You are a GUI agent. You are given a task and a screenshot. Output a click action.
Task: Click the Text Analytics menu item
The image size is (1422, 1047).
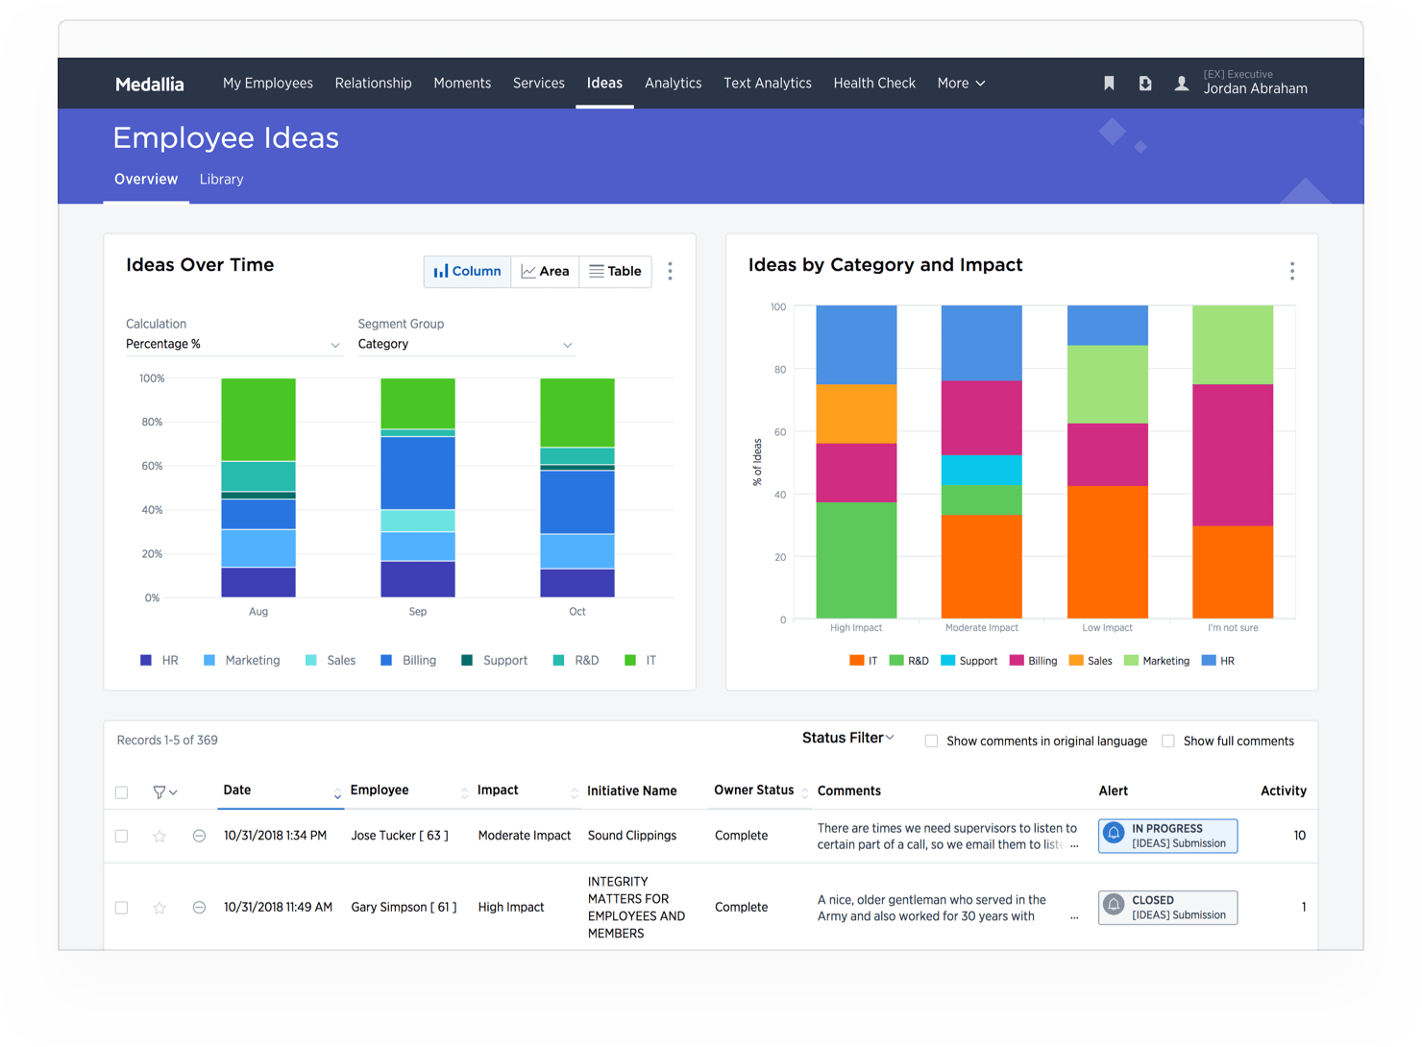coord(767,84)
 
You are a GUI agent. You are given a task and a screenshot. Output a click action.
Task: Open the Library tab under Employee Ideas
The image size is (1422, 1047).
coord(221,180)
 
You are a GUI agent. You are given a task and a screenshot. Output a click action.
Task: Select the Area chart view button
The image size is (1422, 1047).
coord(545,272)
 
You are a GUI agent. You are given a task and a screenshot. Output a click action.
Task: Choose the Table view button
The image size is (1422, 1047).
coord(615,272)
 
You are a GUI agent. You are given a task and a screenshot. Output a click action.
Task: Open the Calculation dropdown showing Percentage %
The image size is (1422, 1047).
coord(233,344)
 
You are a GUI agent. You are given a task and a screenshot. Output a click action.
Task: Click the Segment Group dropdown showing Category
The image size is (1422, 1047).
coord(465,344)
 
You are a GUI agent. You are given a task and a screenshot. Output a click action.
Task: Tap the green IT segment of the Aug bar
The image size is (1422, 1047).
coord(258,419)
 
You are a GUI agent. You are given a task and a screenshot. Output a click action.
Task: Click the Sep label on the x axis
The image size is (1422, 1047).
coord(418,612)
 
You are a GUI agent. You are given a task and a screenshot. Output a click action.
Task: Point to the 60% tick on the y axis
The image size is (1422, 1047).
coord(152,466)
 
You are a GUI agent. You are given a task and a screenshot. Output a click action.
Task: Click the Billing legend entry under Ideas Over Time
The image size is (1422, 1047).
coord(409,661)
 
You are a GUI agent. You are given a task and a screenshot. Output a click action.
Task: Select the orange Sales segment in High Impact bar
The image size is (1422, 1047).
coord(856,413)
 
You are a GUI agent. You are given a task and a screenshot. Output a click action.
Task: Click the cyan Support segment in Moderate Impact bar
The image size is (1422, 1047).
coord(981,470)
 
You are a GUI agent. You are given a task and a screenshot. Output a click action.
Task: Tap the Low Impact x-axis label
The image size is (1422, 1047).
coord(1107,628)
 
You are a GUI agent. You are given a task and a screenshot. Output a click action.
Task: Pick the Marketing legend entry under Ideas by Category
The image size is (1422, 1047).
coord(1157,661)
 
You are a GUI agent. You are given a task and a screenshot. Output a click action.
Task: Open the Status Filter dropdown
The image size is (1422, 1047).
coord(847,739)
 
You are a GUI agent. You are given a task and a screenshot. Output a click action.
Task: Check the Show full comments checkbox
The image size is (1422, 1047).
coord(1168,741)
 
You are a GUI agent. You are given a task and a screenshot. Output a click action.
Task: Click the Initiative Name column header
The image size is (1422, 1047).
coord(632,791)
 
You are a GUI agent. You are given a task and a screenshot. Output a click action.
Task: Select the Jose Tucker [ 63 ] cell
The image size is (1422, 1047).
coord(400,836)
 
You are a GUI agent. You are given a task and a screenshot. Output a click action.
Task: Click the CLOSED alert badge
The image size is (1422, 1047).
coord(1167,908)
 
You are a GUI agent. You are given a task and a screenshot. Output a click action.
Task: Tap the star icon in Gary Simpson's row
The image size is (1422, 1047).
coord(159,908)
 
